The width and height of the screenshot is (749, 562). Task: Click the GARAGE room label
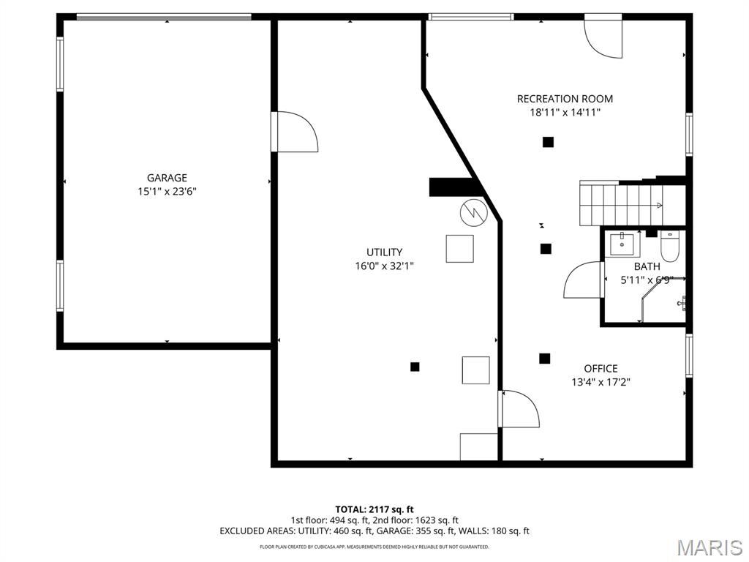pyautogui.click(x=167, y=178)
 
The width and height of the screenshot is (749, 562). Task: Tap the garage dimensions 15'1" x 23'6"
pyautogui.click(x=167, y=192)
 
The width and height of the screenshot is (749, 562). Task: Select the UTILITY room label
pyautogui.click(x=384, y=252)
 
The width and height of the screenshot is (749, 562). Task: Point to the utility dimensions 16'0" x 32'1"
pyautogui.click(x=384, y=266)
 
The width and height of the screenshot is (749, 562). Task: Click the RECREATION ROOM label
pyautogui.click(x=565, y=99)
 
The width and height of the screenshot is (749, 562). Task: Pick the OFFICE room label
pyautogui.click(x=601, y=369)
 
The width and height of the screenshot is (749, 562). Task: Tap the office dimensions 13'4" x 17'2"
pyautogui.click(x=601, y=382)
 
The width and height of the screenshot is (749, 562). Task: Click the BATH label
pyautogui.click(x=647, y=266)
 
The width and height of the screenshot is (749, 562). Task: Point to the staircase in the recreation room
pyautogui.click(x=622, y=204)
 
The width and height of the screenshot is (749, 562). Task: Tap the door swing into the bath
pyautogui.click(x=584, y=280)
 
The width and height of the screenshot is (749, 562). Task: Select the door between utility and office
pyautogui.click(x=519, y=408)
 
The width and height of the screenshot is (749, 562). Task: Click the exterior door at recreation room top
pyautogui.click(x=603, y=37)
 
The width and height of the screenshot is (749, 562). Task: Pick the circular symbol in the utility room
pyautogui.click(x=472, y=212)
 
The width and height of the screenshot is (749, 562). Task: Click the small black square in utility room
pyautogui.click(x=415, y=367)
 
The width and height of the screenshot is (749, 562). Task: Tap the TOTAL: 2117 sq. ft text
pyautogui.click(x=374, y=509)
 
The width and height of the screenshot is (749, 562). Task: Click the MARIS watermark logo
pyautogui.click(x=709, y=547)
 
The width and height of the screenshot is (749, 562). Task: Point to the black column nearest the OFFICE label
pyautogui.click(x=544, y=359)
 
